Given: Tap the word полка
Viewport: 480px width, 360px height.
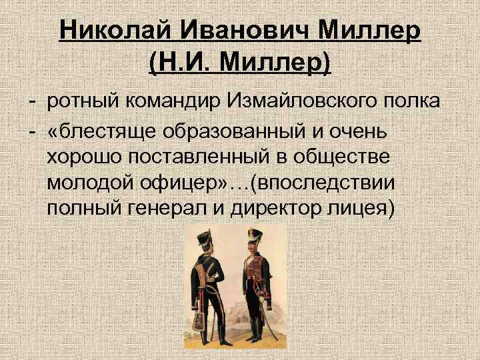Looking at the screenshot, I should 409,103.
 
